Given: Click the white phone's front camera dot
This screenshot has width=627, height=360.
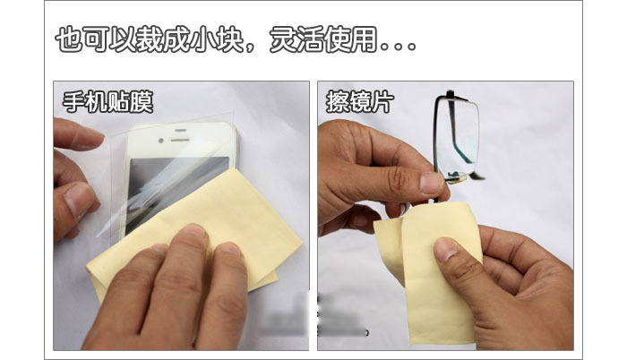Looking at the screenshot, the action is point(160,141).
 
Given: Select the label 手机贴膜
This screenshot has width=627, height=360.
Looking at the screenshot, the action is point(108,101).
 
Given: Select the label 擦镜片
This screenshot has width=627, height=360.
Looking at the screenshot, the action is point(360,101).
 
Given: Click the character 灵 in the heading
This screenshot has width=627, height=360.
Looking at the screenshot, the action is point(283,40).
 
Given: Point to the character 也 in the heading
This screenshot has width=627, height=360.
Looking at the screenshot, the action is point(69,40).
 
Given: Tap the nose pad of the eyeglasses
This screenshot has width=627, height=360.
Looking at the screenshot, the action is point(455,176).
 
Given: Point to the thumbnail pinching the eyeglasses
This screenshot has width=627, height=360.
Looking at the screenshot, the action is point(432,184).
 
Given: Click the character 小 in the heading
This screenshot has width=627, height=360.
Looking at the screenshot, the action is point(203,40).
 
